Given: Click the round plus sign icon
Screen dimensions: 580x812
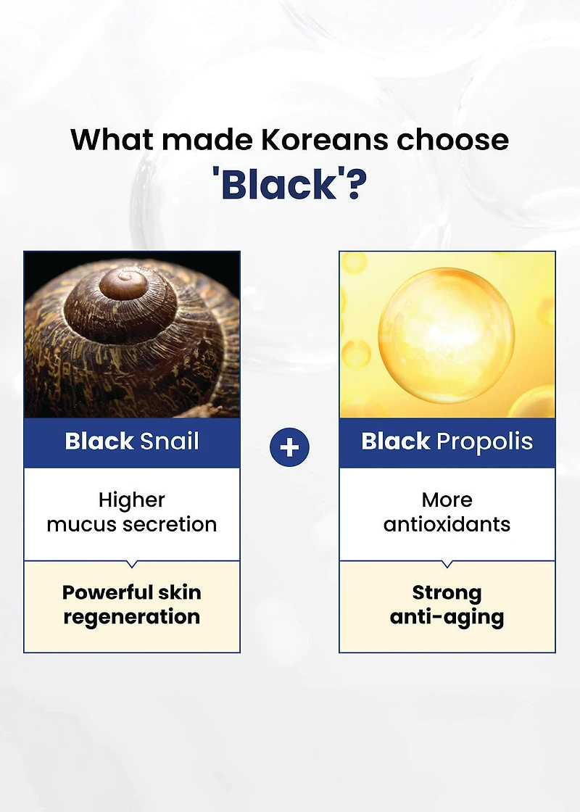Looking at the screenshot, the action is (289, 447).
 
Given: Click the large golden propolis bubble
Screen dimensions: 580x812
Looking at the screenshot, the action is (447, 334).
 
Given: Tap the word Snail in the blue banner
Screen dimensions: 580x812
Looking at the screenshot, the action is (170, 442).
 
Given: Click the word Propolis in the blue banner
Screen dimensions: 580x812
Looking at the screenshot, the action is (484, 442).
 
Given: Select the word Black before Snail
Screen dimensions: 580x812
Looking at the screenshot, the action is (99, 442).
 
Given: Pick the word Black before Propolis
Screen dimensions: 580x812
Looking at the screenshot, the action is (396, 442).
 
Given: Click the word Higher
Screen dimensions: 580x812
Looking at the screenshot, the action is (131, 500).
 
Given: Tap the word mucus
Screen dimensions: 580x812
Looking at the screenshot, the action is (81, 525).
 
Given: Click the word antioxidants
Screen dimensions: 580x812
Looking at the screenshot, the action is (447, 525).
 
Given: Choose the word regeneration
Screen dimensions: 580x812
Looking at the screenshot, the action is (131, 617).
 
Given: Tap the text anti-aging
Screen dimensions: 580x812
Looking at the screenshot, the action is (447, 617).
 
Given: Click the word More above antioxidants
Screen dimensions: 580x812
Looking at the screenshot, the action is (447, 500).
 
